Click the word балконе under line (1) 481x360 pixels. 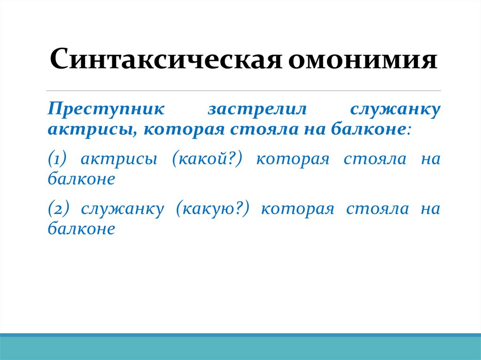(x=81, y=178)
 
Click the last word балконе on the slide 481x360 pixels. (x=81, y=228)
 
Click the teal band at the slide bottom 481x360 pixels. (x=240, y=348)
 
